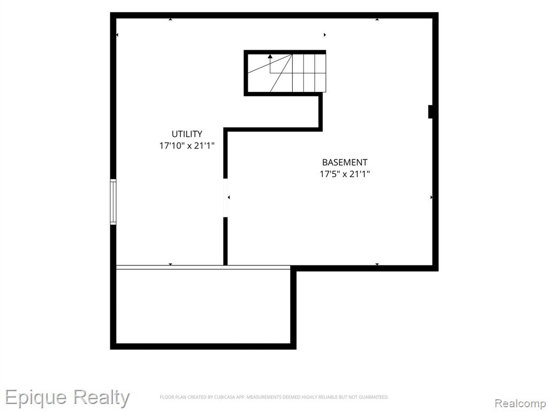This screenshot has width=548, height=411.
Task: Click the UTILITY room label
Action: point(187,134)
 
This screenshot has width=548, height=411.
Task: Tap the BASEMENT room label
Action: point(345,162)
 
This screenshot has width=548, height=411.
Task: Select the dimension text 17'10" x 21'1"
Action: point(187,146)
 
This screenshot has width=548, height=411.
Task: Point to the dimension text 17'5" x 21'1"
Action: point(345,174)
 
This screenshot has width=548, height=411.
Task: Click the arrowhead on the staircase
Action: point(270,56)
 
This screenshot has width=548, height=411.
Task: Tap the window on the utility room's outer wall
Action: point(113,202)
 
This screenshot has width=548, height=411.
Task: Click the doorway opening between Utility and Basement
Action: point(225,198)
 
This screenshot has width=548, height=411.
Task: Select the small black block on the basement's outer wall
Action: point(431,112)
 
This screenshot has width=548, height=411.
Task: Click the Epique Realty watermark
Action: point(67,398)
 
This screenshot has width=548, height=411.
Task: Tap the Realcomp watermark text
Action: point(521,403)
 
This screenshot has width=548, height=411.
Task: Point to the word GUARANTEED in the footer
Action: point(375,397)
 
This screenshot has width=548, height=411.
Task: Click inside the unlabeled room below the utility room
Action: point(203,307)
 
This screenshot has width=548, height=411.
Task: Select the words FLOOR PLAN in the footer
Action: point(173,397)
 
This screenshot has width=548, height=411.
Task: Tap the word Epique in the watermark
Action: point(36,398)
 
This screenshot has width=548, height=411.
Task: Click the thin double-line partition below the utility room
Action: point(203,268)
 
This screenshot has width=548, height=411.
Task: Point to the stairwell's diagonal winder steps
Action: point(270,73)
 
